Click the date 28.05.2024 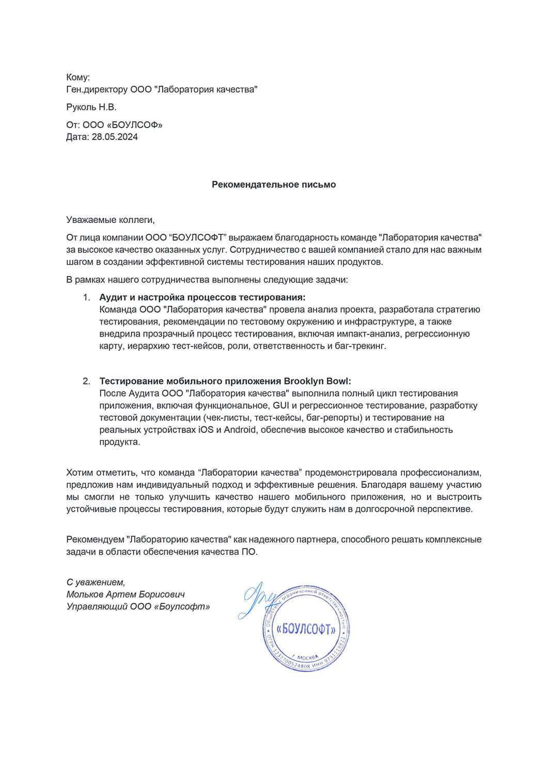click(x=115, y=137)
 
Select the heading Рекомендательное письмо click(x=274, y=184)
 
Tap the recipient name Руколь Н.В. click(x=91, y=107)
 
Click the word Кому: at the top click(x=78, y=77)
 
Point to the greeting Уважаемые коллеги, click(x=111, y=220)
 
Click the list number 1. click(x=87, y=297)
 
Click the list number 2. click(x=87, y=381)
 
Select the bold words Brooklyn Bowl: click(x=318, y=381)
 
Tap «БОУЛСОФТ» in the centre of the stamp click(x=306, y=629)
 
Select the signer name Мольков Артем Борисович click(x=126, y=594)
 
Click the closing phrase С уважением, click(x=96, y=582)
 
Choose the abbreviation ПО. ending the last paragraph click(x=249, y=552)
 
